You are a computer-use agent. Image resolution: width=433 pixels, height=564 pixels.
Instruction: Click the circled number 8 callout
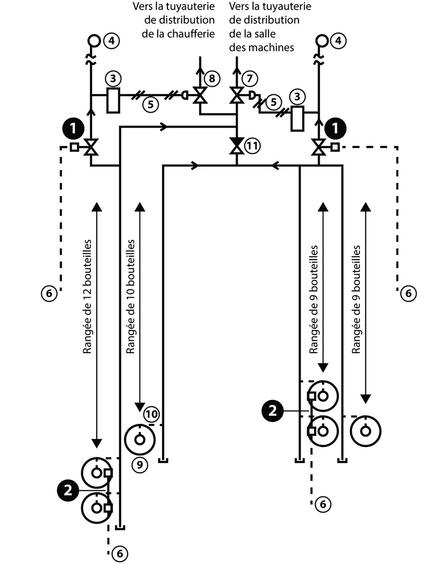[x=212, y=78]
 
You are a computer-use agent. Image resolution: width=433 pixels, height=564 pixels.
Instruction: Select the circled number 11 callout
[x=252, y=145]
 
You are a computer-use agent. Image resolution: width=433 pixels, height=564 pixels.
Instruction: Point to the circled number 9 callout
[x=139, y=464]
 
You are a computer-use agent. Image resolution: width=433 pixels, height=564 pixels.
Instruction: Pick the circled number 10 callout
[x=151, y=414]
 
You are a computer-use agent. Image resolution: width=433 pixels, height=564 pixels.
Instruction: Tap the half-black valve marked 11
[x=236, y=145]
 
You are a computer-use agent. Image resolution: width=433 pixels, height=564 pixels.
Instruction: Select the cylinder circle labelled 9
[x=140, y=439]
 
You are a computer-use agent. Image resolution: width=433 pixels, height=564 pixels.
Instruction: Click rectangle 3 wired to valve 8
[x=113, y=100]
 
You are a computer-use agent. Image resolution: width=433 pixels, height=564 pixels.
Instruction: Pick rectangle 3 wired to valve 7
[x=298, y=118]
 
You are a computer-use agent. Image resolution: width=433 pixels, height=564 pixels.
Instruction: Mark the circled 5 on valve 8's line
[x=151, y=105]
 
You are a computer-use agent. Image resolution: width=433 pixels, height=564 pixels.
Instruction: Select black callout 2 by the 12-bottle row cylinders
[x=68, y=491]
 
